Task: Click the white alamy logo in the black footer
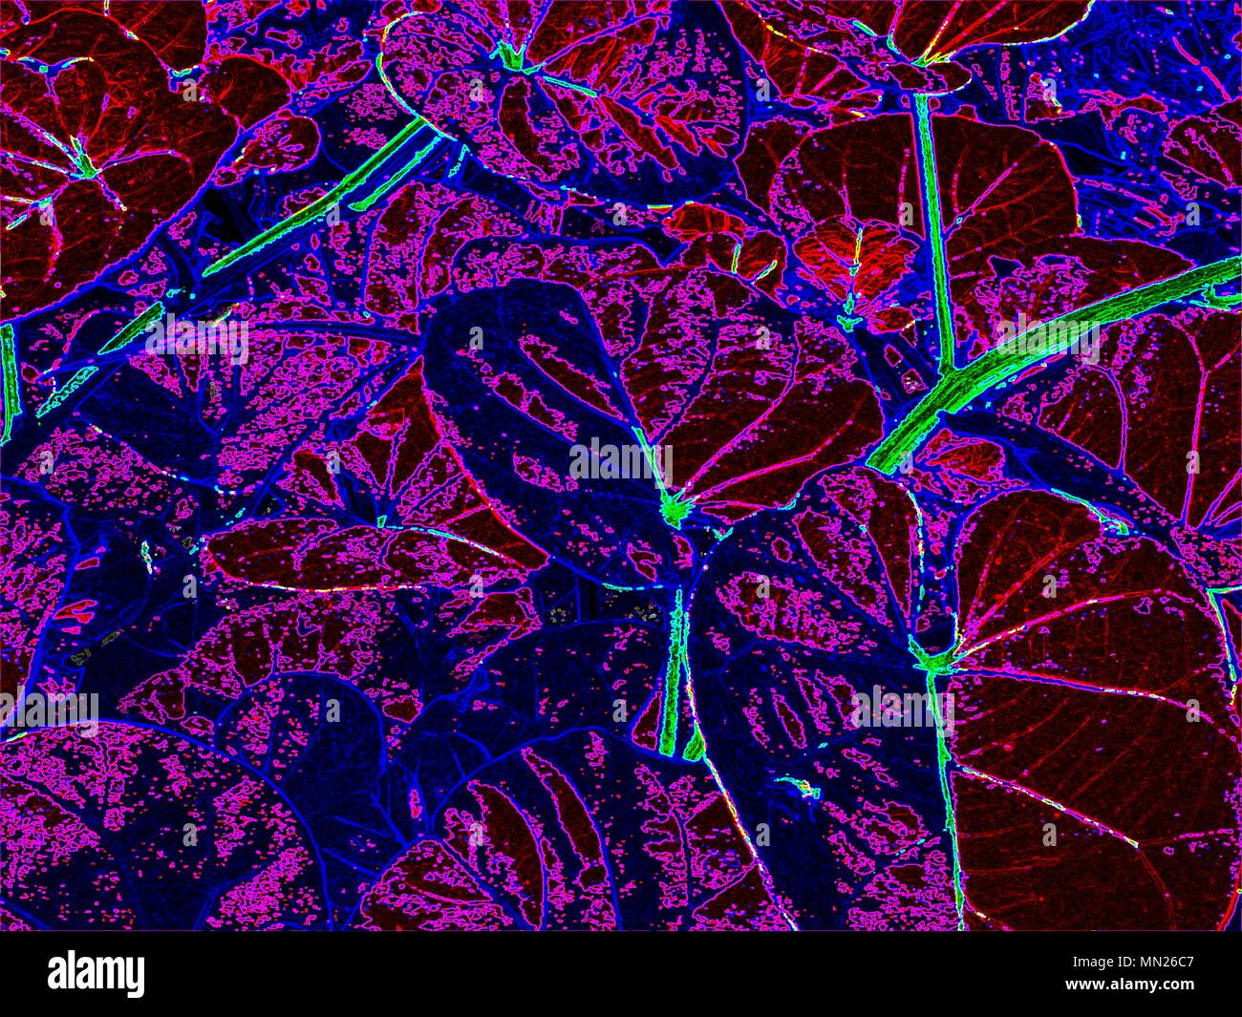pyautogui.click(x=96, y=974)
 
